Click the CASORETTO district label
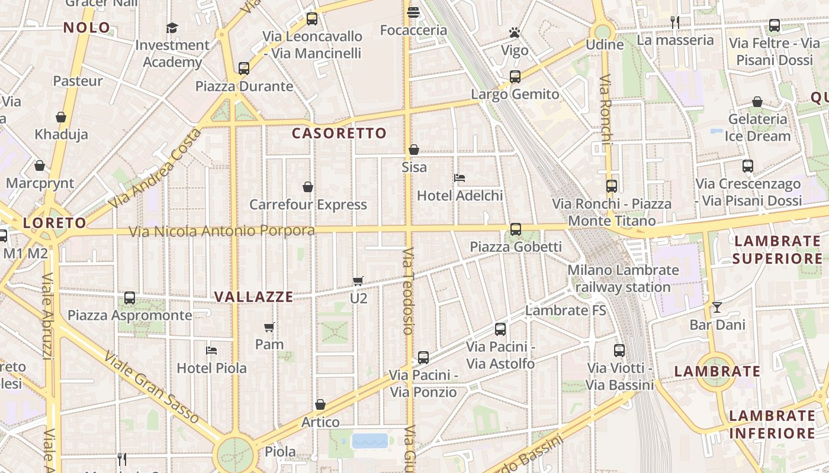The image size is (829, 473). click(x=339, y=134)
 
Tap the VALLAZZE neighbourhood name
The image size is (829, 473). click(x=253, y=297)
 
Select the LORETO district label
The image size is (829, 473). click(x=54, y=223)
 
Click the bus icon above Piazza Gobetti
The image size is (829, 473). click(x=516, y=229)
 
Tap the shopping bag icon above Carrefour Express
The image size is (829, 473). click(x=308, y=187)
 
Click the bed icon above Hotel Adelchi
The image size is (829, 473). click(x=459, y=177)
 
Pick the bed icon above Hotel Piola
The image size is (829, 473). click(x=211, y=350)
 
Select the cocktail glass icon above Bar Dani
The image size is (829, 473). click(x=717, y=307)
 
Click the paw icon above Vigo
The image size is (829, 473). click(x=515, y=33)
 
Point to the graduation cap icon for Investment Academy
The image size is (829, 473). click(x=172, y=28)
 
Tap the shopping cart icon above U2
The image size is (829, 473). click(x=358, y=281)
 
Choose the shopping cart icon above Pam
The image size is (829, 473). click(x=269, y=327)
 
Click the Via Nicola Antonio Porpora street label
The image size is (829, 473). click(x=222, y=231)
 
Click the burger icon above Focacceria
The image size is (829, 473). click(x=413, y=12)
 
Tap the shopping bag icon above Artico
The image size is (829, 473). click(x=320, y=404)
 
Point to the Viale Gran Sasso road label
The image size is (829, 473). click(x=152, y=387)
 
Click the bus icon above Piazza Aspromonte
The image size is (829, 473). click(x=130, y=297)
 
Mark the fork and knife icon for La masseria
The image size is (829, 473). click(x=675, y=22)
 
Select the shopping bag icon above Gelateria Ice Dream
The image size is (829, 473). click(x=757, y=102)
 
